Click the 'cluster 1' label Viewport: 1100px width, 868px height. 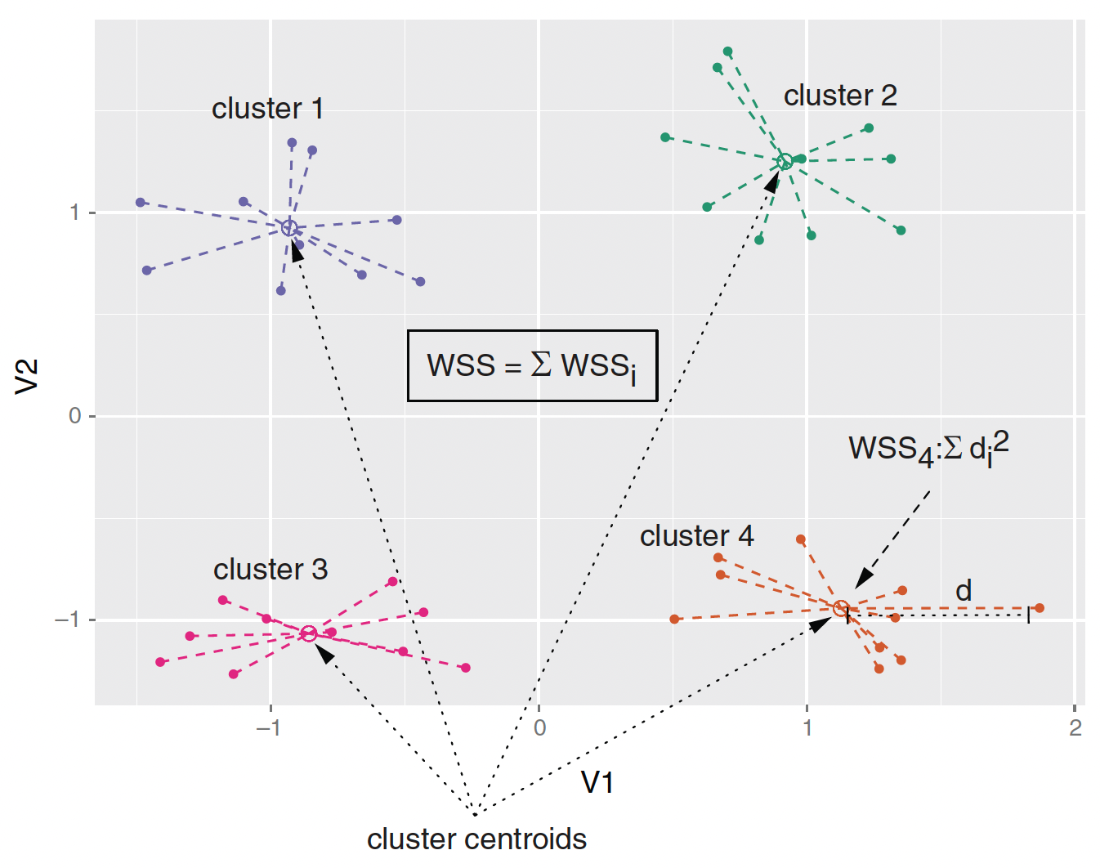[267, 109]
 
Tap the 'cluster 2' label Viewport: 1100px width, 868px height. [840, 96]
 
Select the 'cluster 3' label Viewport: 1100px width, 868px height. [271, 570]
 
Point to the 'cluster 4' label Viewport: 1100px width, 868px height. [696, 536]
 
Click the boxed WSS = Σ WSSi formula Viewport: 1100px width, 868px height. [532, 365]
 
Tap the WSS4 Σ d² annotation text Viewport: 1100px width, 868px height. [928, 449]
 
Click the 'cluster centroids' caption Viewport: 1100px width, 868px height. [476, 839]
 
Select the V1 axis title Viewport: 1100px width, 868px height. [597, 783]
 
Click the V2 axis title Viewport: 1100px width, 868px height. [27, 376]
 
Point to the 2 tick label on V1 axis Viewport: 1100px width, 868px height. [1075, 727]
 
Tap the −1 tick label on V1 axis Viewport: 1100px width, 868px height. [268, 727]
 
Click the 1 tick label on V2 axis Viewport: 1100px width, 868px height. [75, 213]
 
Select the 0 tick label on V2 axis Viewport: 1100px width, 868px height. [75, 416]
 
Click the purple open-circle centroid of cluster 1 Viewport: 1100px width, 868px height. [288, 228]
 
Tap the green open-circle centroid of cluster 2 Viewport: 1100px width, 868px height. [785, 162]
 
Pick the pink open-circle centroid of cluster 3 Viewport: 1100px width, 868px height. [308, 633]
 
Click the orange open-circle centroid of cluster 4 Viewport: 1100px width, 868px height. [841, 608]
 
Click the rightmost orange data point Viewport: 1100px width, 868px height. [1040, 608]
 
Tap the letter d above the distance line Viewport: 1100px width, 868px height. [964, 590]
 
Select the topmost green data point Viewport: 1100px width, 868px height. [727, 52]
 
